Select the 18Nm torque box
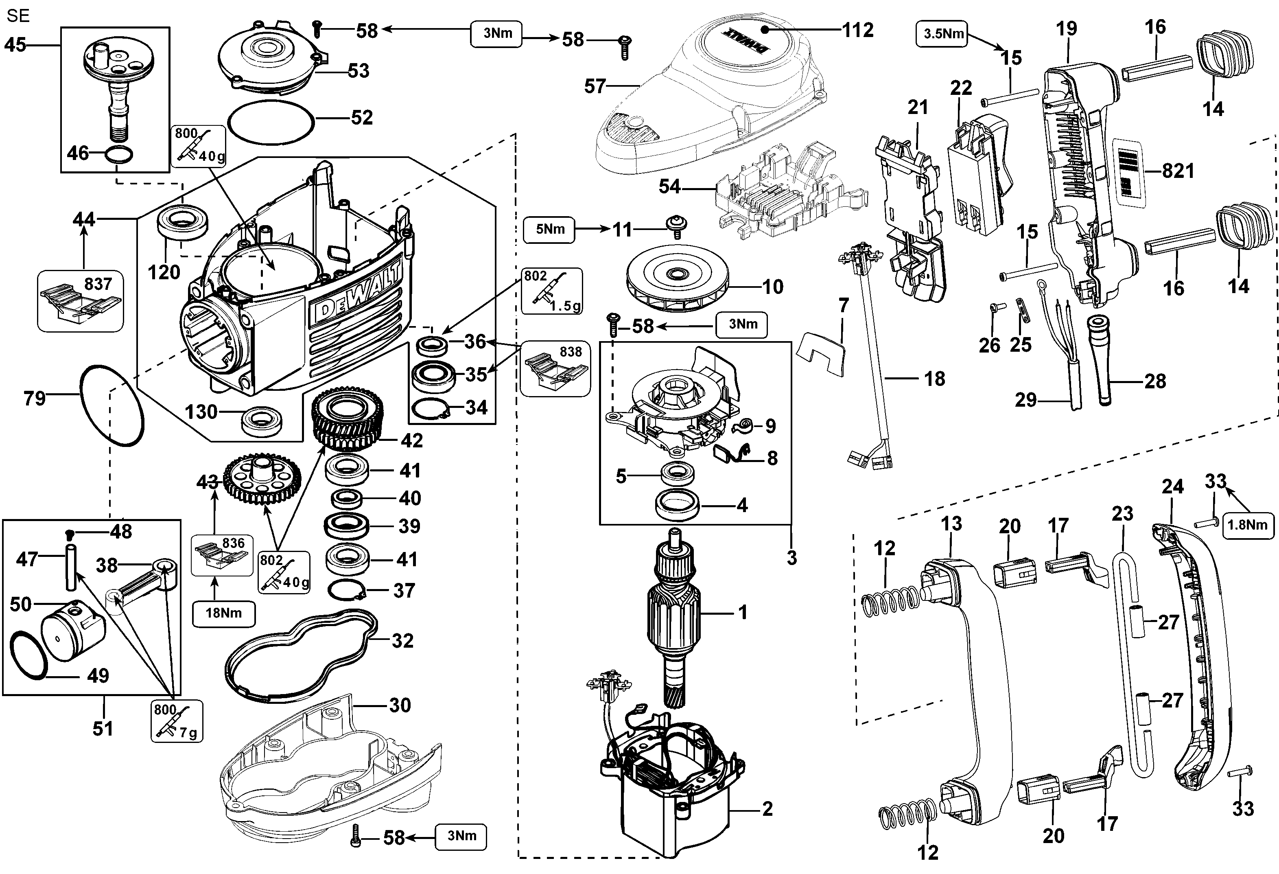coord(223,613)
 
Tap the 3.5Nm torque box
coord(943,33)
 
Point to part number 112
coord(857,30)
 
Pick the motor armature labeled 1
coord(675,616)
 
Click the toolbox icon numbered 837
coord(80,301)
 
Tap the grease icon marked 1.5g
coord(551,291)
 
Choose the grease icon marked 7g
coord(176,721)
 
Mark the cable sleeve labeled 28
coord(1101,361)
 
